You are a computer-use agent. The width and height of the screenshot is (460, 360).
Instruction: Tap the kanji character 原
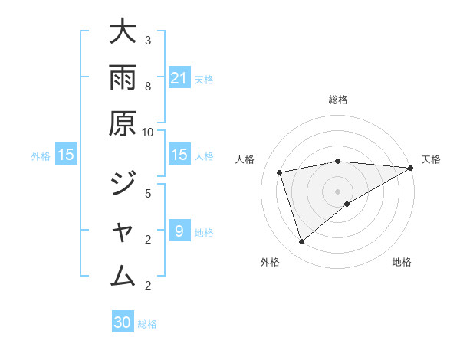click(x=123, y=123)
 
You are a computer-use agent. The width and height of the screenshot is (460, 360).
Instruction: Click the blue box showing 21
click(x=179, y=77)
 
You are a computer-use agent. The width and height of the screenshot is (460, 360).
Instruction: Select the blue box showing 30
click(x=123, y=322)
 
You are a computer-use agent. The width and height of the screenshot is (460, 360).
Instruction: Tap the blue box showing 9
click(x=179, y=231)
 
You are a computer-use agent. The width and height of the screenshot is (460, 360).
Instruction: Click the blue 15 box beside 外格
click(x=66, y=155)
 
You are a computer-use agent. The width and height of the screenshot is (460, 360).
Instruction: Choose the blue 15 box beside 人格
click(x=179, y=155)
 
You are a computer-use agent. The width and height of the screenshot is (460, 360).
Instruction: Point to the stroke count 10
click(x=148, y=132)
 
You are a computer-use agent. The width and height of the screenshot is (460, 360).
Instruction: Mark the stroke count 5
click(x=148, y=193)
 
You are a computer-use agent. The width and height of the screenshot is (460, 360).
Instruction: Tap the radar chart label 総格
click(x=337, y=100)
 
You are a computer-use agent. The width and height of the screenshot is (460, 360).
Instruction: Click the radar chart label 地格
click(x=402, y=263)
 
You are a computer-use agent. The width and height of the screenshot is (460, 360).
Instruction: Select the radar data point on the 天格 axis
click(x=411, y=168)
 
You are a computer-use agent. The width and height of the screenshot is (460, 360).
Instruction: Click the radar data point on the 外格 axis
click(x=301, y=242)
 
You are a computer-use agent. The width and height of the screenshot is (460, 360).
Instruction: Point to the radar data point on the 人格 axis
click(x=280, y=172)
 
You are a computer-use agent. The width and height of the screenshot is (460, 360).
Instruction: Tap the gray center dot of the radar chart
click(x=337, y=191)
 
